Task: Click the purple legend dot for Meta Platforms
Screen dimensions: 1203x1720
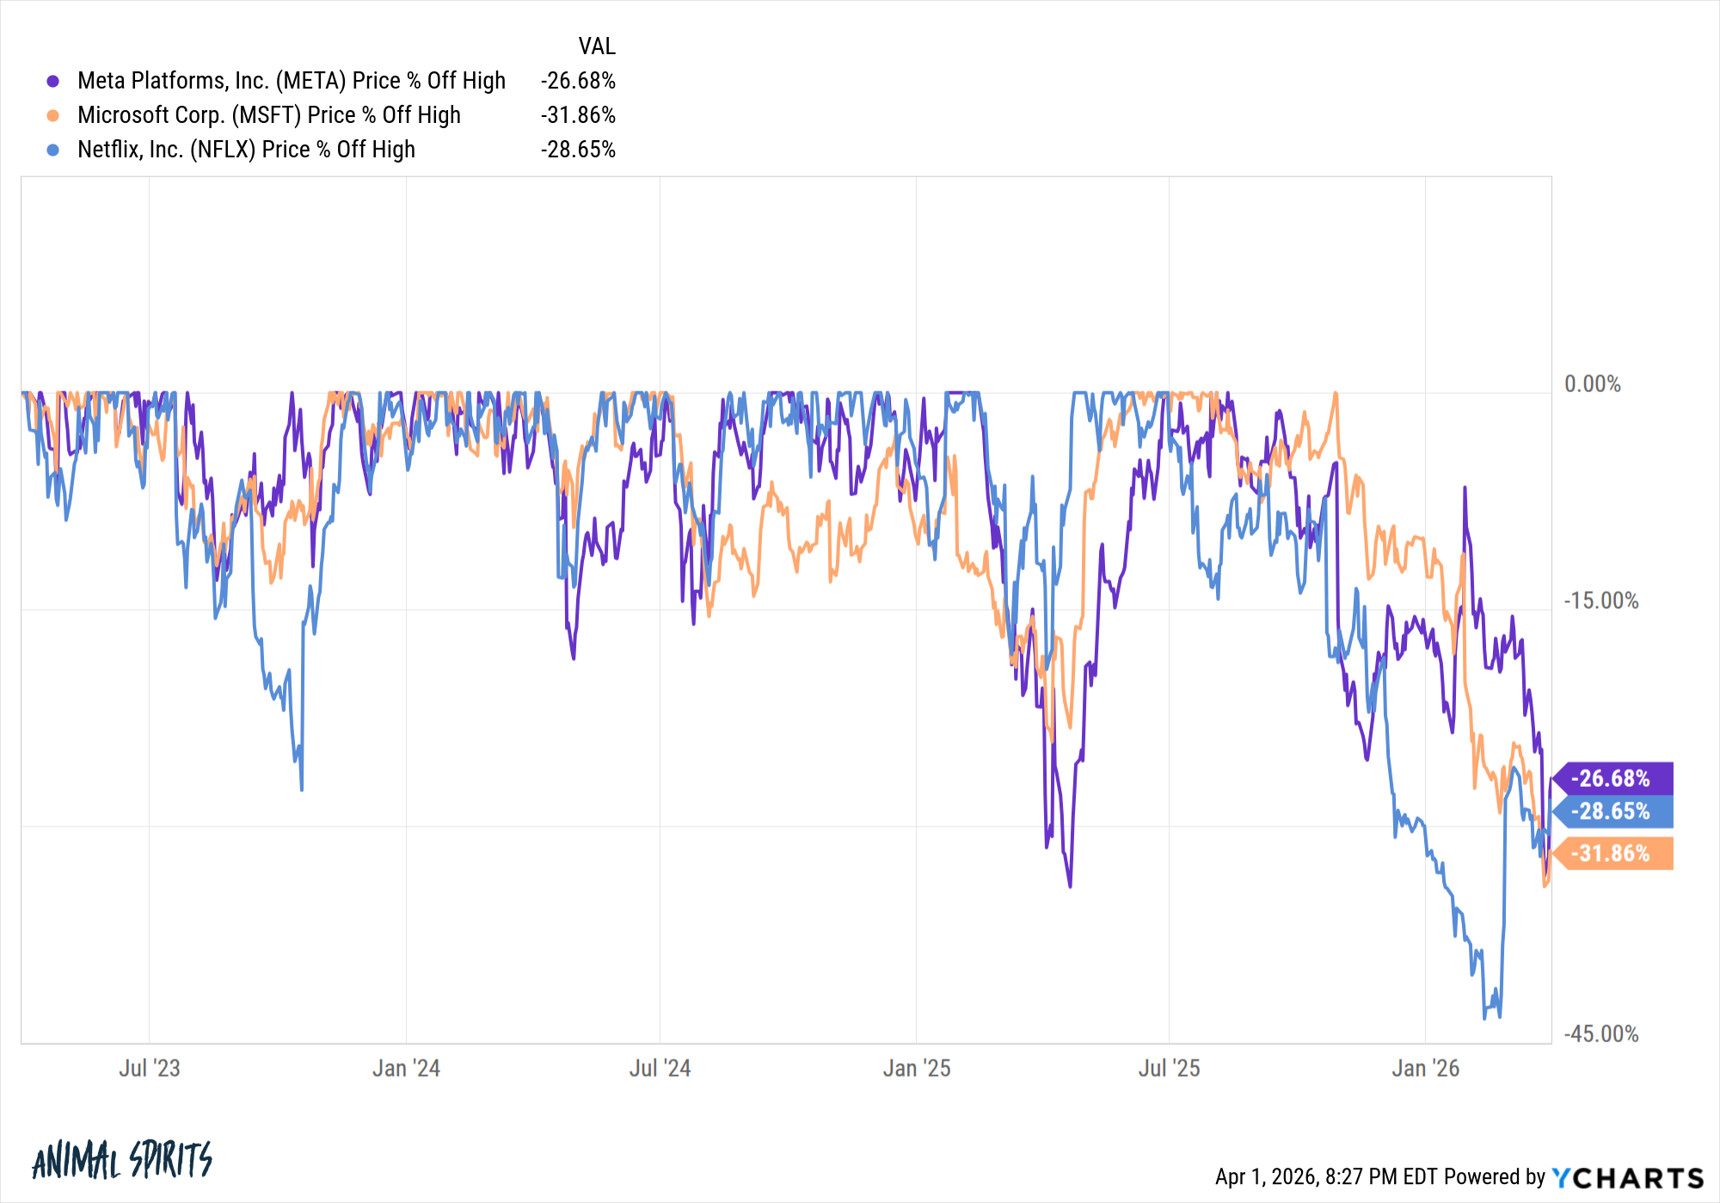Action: [53, 81]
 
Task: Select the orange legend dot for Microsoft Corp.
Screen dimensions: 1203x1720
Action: [53, 115]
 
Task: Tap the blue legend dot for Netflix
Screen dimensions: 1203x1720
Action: [53, 150]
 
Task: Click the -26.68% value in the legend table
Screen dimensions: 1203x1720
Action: [578, 81]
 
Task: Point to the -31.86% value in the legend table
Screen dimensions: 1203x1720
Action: [578, 115]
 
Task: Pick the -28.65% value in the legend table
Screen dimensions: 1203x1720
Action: [578, 150]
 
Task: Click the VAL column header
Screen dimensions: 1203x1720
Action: [597, 46]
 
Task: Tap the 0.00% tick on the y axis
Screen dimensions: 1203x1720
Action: [1592, 384]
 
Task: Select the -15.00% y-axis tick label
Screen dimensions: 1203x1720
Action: [1600, 601]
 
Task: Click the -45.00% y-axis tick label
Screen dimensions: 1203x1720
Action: [1600, 1034]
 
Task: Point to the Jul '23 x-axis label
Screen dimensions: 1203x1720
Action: [150, 1068]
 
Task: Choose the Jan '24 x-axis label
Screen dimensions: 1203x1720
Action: [406, 1068]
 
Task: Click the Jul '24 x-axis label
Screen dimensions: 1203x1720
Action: [660, 1068]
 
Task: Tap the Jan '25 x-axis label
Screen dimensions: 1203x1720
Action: [917, 1068]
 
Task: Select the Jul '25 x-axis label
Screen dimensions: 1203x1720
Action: [1169, 1068]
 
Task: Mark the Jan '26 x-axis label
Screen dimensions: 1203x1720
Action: [1426, 1068]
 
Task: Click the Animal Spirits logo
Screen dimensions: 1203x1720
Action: [122, 1161]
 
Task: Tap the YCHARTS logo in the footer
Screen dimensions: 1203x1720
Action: [1628, 1177]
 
